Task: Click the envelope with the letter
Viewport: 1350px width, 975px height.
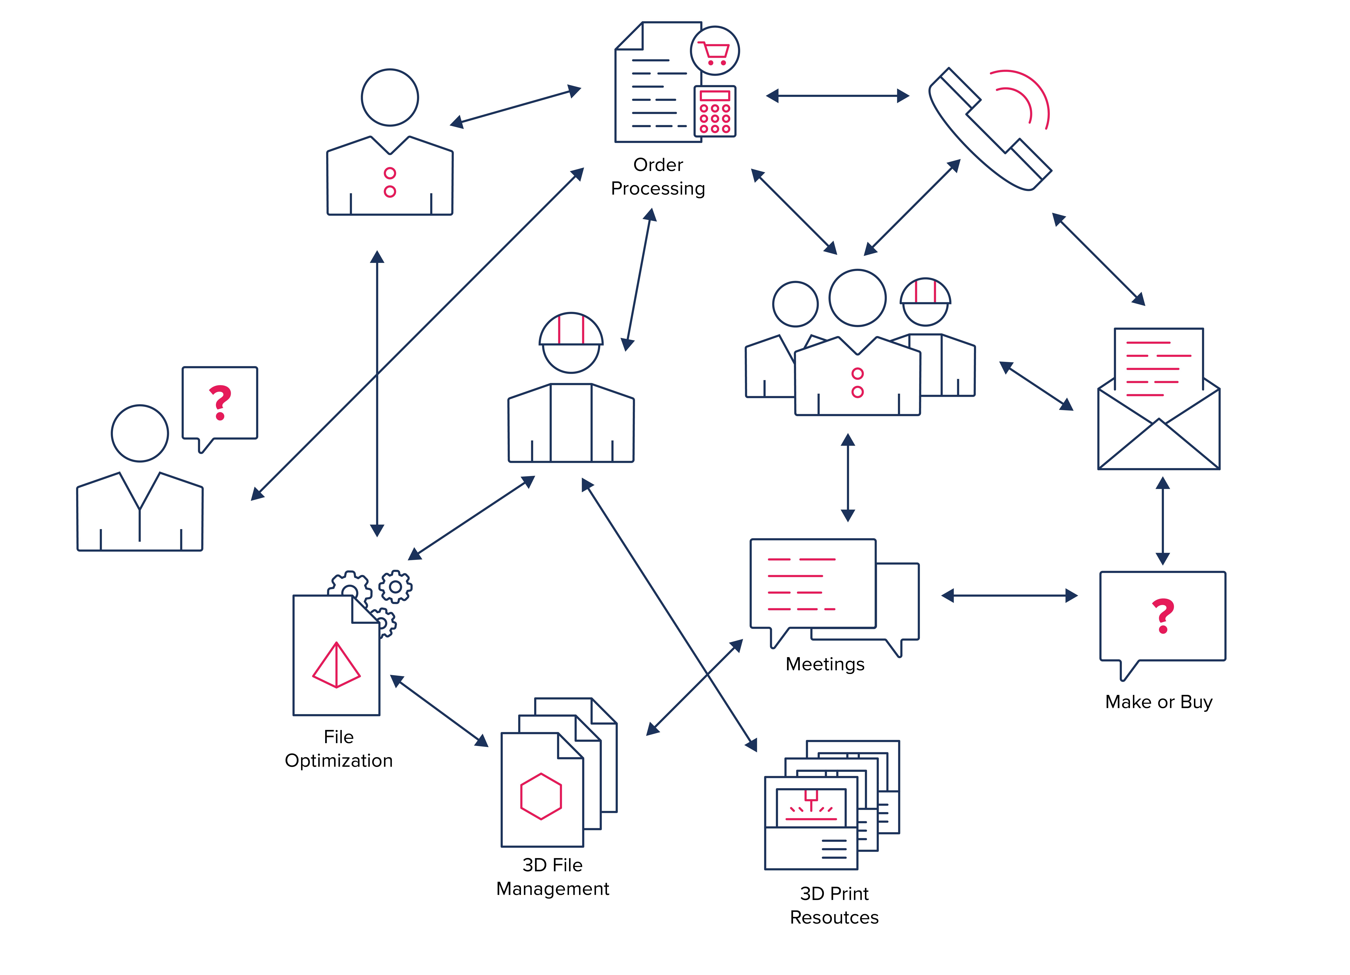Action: [x=1158, y=399]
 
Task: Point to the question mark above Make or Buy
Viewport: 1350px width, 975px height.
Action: [x=1163, y=615]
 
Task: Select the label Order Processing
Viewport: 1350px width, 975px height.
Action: [x=658, y=176]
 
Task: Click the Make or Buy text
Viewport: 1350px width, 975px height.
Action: [x=1158, y=702]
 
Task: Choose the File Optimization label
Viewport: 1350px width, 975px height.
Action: [x=339, y=749]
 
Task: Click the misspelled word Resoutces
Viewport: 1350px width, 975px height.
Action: [x=834, y=917]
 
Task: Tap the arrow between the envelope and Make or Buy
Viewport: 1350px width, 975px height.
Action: [x=1163, y=521]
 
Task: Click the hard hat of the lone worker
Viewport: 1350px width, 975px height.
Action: [x=571, y=329]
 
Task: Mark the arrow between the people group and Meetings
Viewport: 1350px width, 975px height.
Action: [x=848, y=478]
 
